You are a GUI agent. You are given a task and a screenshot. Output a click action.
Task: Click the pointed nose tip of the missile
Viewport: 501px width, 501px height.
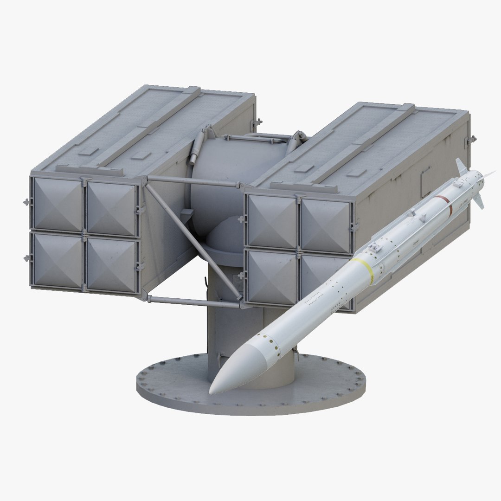coord(211,392)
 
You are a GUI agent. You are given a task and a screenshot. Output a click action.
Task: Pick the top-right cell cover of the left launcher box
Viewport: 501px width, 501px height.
coord(112,208)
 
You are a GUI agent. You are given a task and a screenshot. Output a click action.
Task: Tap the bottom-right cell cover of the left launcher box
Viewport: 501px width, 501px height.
coord(112,265)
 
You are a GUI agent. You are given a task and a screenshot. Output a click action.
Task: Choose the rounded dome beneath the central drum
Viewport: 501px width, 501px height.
coord(227,237)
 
